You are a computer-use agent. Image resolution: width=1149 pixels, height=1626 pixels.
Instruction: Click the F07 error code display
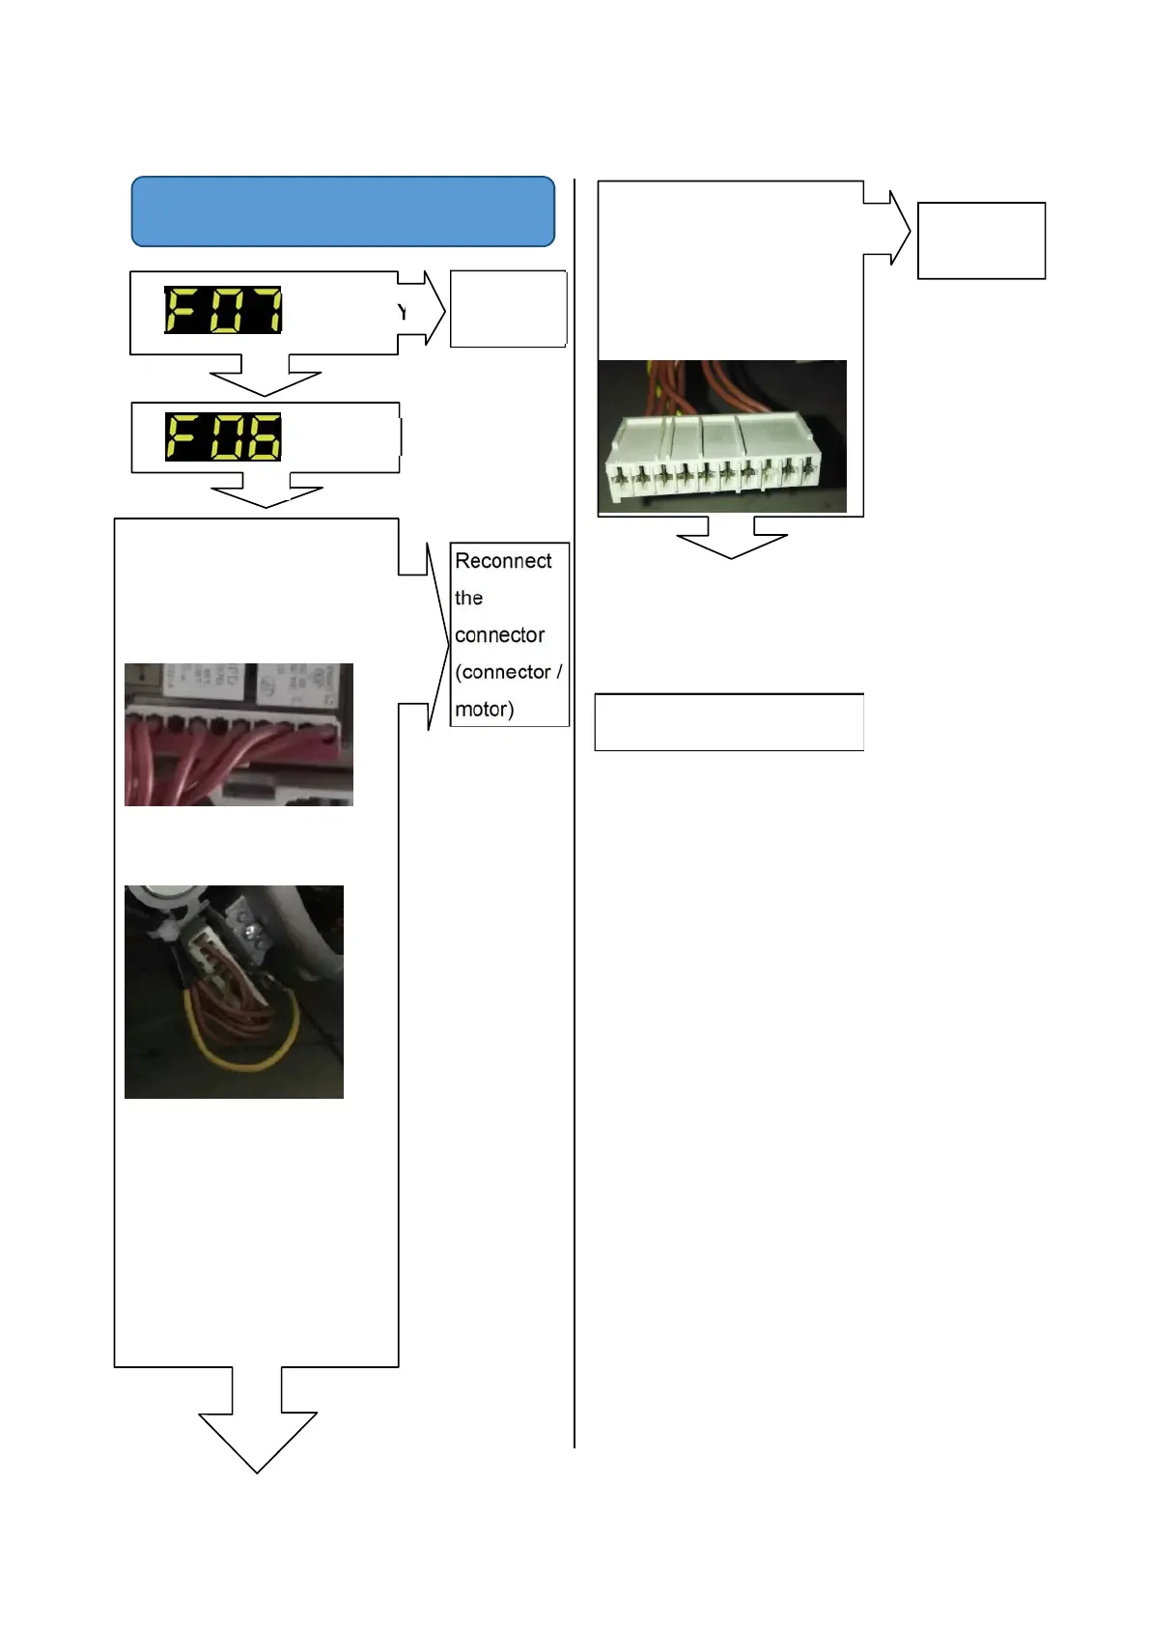[223, 310]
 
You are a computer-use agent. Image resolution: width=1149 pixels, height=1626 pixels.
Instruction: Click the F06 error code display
[223, 436]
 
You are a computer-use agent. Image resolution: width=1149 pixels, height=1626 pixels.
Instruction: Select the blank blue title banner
[343, 211]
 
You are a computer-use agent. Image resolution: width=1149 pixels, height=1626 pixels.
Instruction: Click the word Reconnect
[503, 561]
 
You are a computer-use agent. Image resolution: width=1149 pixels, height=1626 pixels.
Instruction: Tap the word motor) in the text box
[484, 710]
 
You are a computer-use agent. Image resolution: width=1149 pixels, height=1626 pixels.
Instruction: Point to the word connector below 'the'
[499, 635]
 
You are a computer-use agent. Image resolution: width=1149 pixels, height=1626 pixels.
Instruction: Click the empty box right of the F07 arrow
[508, 309]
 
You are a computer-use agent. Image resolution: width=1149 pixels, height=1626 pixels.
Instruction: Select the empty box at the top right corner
[981, 240]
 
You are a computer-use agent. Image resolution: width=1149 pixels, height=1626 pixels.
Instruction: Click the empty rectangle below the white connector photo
[729, 722]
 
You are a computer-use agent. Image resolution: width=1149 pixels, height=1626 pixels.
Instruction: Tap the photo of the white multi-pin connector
[722, 436]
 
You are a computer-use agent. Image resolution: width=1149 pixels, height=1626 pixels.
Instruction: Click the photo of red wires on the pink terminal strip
[238, 735]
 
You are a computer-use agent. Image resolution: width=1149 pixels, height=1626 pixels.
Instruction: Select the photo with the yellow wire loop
[234, 992]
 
